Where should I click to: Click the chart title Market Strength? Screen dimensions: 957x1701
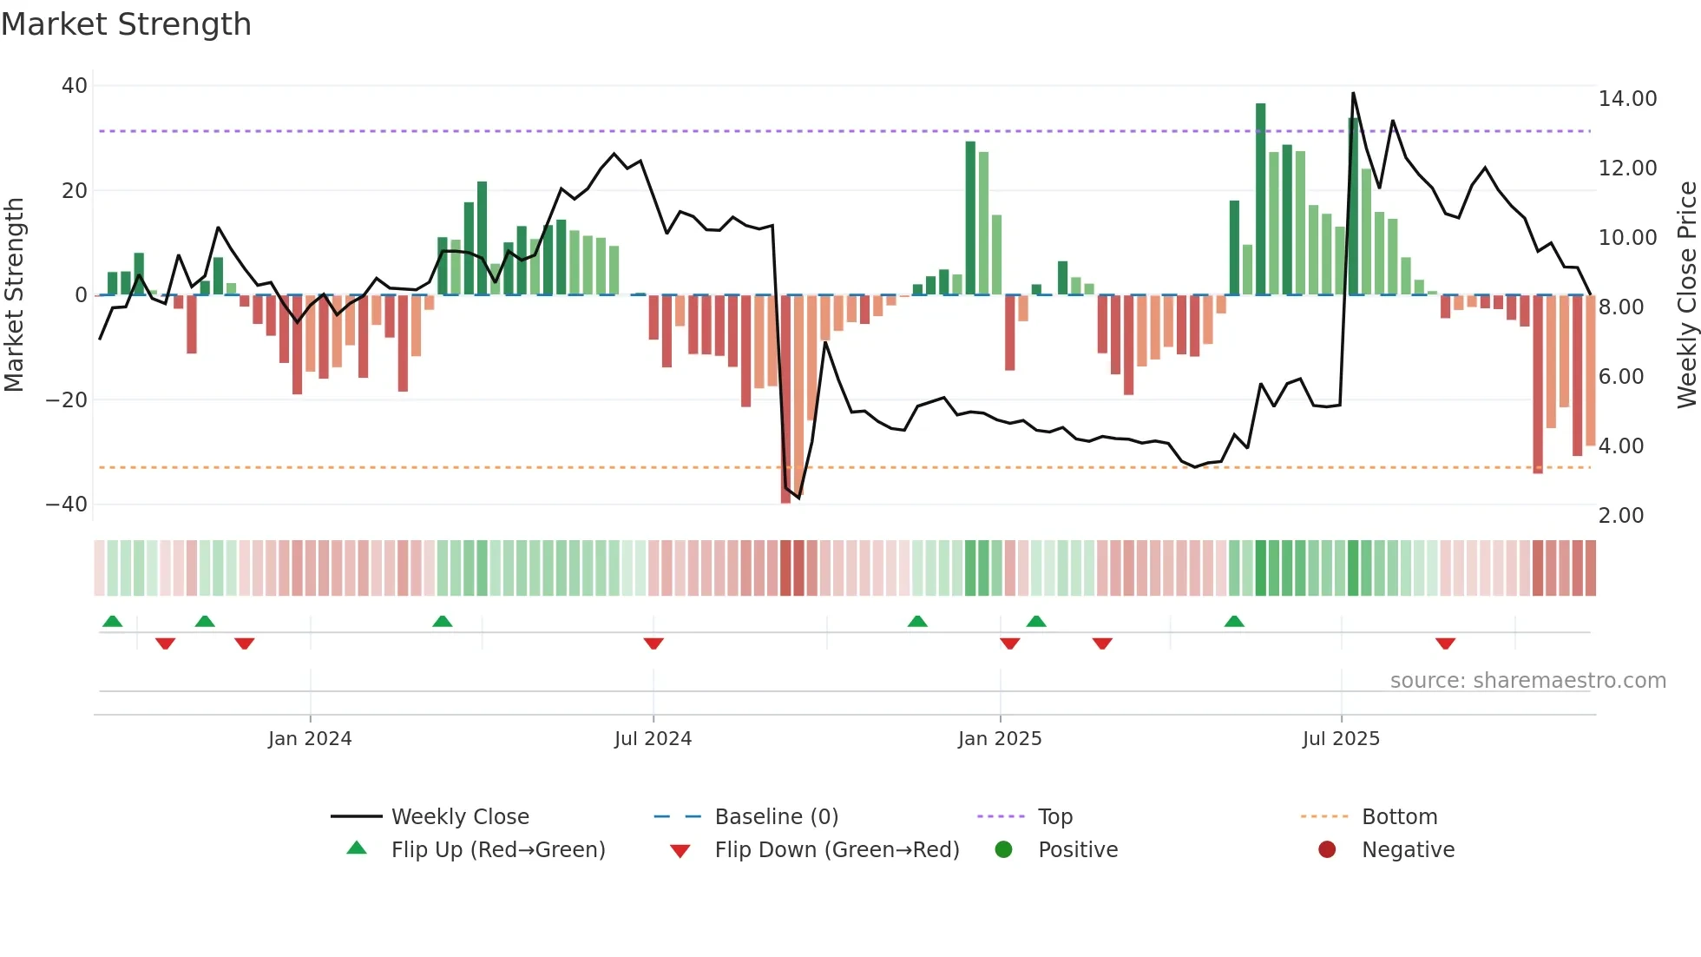click(126, 24)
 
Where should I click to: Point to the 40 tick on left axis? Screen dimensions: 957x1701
click(75, 86)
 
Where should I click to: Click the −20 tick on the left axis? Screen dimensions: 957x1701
click(67, 400)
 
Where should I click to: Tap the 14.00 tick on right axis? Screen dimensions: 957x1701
click(1627, 99)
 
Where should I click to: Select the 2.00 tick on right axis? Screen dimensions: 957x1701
click(1620, 516)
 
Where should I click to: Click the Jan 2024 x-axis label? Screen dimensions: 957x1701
click(310, 739)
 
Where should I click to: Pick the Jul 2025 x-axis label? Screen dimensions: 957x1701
click(1340, 739)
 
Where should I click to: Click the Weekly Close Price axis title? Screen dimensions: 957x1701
click(1686, 295)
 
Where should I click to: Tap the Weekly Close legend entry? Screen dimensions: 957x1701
click(459, 817)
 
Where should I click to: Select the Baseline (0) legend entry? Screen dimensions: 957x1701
click(776, 817)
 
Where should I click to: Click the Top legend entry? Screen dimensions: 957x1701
click(1054, 817)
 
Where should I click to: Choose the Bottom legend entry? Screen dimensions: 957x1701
click(1399, 817)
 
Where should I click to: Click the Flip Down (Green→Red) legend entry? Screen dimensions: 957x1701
click(836, 850)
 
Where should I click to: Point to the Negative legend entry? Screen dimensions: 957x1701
click(1407, 850)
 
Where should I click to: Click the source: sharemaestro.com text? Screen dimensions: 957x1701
click(1527, 681)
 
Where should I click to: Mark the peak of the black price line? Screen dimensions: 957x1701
click(1353, 93)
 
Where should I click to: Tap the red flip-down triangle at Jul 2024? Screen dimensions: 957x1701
click(653, 643)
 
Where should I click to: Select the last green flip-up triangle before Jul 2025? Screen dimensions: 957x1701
click(1234, 621)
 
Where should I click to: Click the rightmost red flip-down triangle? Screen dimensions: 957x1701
click(1445, 643)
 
